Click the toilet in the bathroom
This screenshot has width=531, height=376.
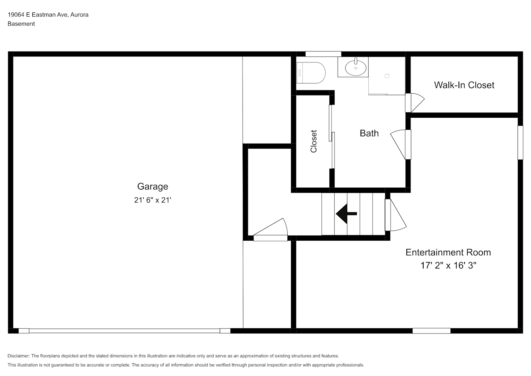(311, 73)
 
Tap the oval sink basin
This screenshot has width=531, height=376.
(356, 68)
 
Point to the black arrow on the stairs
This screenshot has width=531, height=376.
(346, 214)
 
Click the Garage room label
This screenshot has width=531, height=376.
(153, 186)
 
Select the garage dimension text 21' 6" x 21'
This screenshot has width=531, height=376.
(153, 200)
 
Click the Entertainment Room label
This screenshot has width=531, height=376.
(448, 252)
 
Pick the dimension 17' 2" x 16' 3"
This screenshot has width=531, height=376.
(448, 265)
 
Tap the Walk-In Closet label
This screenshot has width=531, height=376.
(464, 85)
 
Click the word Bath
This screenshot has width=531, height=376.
(369, 133)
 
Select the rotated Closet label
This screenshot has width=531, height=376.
(314, 141)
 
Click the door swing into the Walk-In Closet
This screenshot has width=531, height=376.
(415, 103)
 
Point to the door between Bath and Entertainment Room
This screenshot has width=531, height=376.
(401, 144)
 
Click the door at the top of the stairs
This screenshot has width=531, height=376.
(395, 215)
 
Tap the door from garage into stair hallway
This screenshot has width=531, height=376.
(271, 230)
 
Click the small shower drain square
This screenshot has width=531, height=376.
(387, 76)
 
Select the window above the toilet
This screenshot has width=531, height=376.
(323, 54)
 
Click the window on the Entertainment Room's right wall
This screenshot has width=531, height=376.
(520, 143)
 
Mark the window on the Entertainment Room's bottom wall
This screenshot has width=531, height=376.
(431, 331)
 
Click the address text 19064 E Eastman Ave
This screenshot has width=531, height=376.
(38, 15)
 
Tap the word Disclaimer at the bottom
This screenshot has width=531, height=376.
(19, 356)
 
